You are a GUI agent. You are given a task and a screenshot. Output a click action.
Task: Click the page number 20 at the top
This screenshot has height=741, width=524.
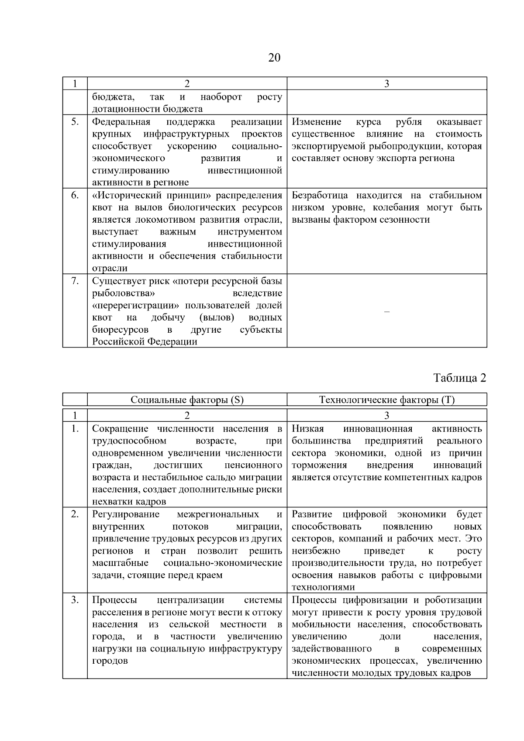click(274, 58)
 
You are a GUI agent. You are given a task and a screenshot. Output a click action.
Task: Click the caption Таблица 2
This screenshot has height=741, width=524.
click(459, 378)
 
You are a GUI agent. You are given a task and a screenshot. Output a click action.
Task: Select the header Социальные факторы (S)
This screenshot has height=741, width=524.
click(187, 400)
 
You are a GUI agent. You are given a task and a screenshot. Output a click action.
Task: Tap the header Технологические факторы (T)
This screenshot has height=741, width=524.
click(386, 400)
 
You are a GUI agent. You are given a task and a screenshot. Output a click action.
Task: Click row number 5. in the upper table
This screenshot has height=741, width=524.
click(75, 122)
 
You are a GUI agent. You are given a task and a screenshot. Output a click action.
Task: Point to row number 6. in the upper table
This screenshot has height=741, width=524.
click(75, 195)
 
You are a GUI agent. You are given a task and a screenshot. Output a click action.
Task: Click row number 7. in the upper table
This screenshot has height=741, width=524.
click(75, 281)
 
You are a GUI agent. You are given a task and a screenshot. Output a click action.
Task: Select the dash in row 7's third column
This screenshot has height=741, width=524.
click(386, 312)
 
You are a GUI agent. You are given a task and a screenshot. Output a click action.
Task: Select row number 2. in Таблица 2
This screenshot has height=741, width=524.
click(75, 514)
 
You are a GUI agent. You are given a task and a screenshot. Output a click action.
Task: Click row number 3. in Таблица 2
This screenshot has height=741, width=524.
click(75, 600)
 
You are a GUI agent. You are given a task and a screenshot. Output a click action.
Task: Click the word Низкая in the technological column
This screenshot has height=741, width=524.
click(307, 429)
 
